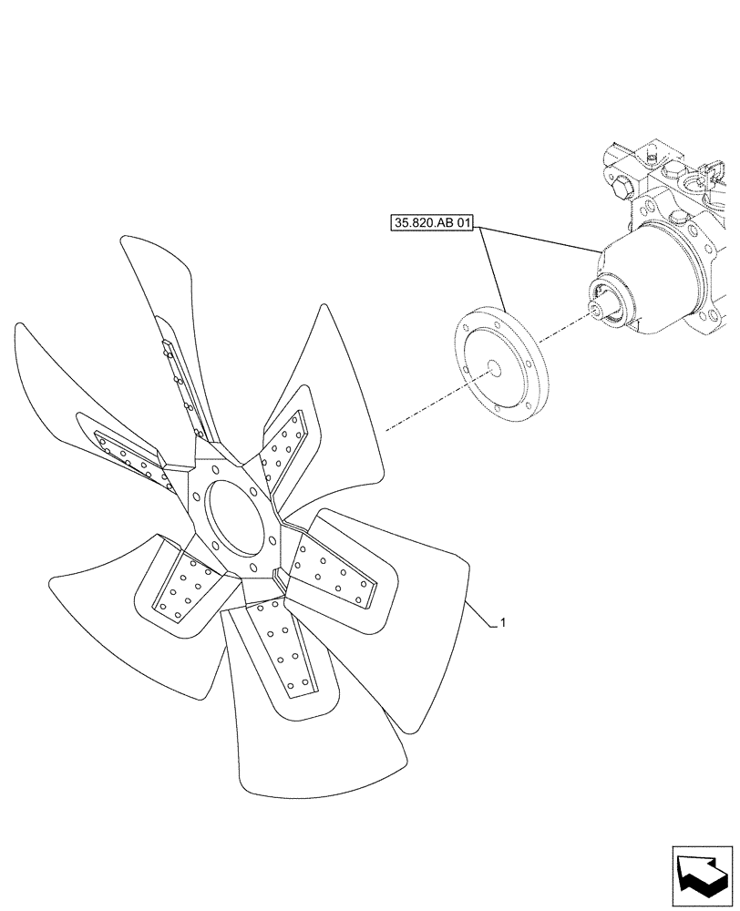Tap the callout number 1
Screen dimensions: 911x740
point(503,623)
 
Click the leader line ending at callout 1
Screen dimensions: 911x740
point(481,615)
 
